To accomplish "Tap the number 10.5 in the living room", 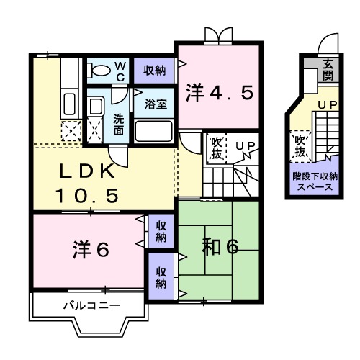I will (x=87, y=194).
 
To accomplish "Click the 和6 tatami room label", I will (x=220, y=246).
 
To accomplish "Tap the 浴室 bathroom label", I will (x=155, y=103).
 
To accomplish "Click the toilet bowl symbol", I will (x=98, y=70).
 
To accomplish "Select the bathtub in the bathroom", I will (x=153, y=131).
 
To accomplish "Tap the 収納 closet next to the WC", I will (x=153, y=70).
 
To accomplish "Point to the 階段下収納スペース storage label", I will (x=312, y=180).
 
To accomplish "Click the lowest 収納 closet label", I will (x=161, y=278).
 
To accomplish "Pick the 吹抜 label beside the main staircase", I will (x=215, y=148).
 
